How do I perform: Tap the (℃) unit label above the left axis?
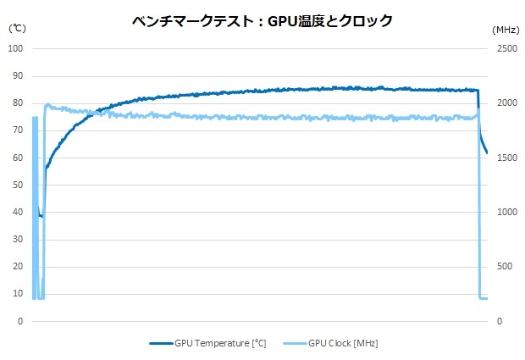tap(18, 28)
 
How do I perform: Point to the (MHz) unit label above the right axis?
tap(506, 28)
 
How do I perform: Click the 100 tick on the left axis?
tap(14, 48)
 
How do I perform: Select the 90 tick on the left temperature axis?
tap(17, 75)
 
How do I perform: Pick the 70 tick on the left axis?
tap(17, 130)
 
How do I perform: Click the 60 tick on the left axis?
tap(17, 158)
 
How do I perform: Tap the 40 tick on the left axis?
tap(17, 212)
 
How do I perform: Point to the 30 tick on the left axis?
tap(17, 240)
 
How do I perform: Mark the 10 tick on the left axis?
tap(17, 294)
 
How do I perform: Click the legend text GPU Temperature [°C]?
tap(220, 343)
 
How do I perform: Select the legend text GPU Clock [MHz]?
tap(343, 343)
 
